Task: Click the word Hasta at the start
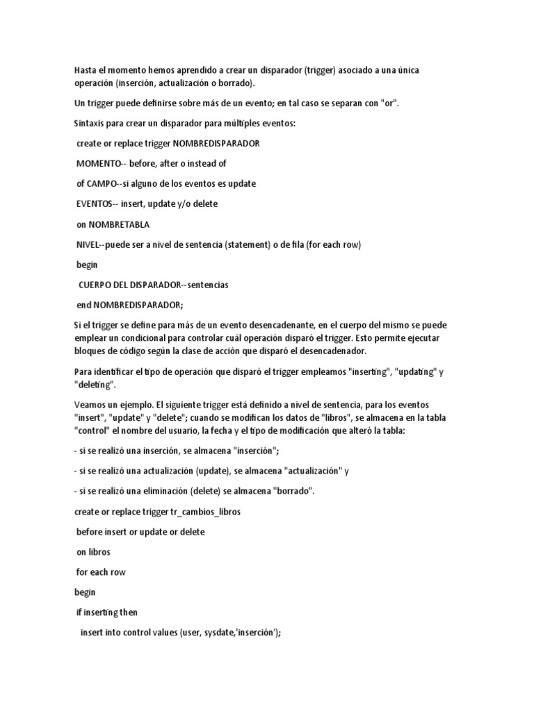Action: [86, 71]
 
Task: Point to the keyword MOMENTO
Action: [99, 164]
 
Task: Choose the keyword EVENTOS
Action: [97, 204]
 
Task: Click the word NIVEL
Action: [88, 244]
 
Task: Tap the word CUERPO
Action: [98, 285]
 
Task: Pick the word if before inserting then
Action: [79, 612]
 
